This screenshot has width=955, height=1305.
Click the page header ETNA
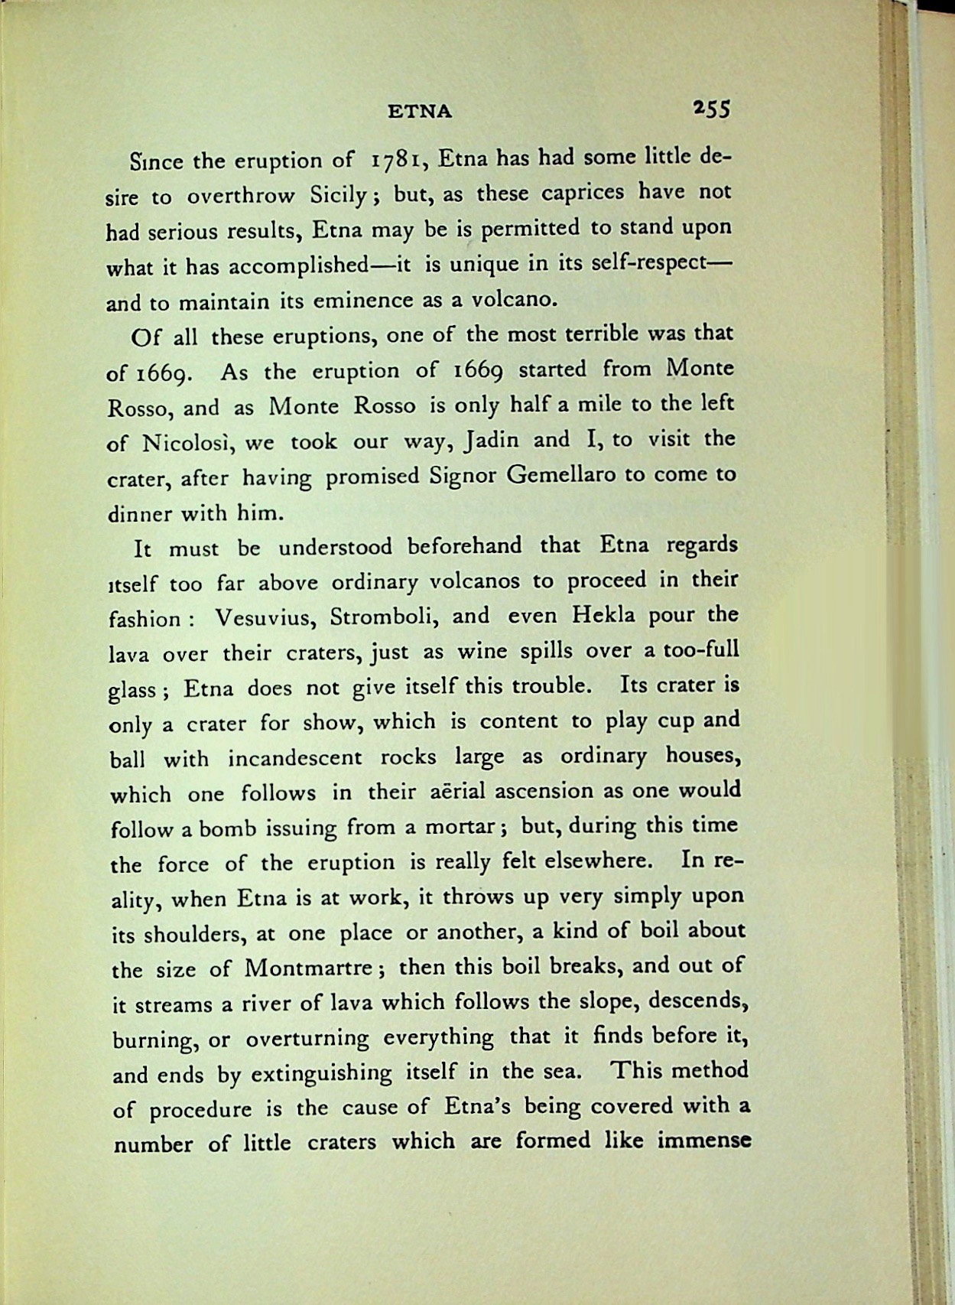pyautogui.click(x=420, y=112)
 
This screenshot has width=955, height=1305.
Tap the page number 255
pyautogui.click(x=712, y=109)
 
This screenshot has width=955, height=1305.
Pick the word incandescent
pyautogui.click(x=294, y=758)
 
